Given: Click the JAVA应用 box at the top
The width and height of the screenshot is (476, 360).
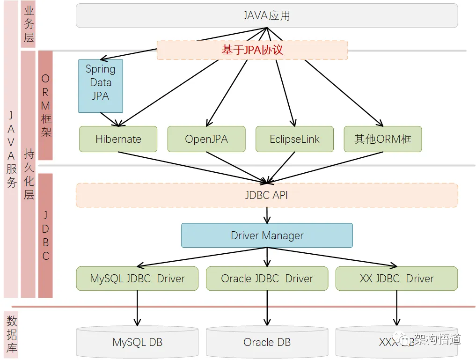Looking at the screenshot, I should (267, 15).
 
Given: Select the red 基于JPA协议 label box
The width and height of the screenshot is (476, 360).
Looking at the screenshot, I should (252, 50).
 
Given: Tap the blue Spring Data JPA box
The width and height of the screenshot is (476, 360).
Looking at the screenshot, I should (101, 86).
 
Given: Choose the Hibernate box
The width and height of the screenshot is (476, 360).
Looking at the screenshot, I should (118, 139).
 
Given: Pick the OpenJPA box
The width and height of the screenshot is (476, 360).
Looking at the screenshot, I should (206, 139).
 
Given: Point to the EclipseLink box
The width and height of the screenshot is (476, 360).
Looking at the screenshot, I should (294, 139).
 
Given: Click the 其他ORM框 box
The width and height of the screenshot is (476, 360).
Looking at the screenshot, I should (383, 139).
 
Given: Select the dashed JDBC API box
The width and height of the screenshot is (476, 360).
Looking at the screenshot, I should (267, 195).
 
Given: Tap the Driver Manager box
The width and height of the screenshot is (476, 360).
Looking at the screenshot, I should (267, 235).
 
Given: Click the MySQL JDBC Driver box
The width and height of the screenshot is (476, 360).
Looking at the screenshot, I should (137, 279).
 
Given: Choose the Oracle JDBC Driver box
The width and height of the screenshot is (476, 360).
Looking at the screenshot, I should (267, 279).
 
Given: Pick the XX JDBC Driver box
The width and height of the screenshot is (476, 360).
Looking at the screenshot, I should (396, 279).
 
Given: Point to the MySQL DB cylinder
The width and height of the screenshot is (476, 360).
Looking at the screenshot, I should (137, 342).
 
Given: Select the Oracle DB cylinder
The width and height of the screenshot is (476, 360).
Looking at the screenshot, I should (267, 342).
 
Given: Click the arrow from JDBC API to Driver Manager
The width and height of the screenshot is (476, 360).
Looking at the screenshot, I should (267, 215).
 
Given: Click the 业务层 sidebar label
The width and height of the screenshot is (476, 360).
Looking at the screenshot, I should (29, 24).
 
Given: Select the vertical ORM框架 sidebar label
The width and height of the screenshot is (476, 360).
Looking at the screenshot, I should (45, 105).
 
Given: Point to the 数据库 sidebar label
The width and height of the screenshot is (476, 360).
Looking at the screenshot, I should (12, 334).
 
